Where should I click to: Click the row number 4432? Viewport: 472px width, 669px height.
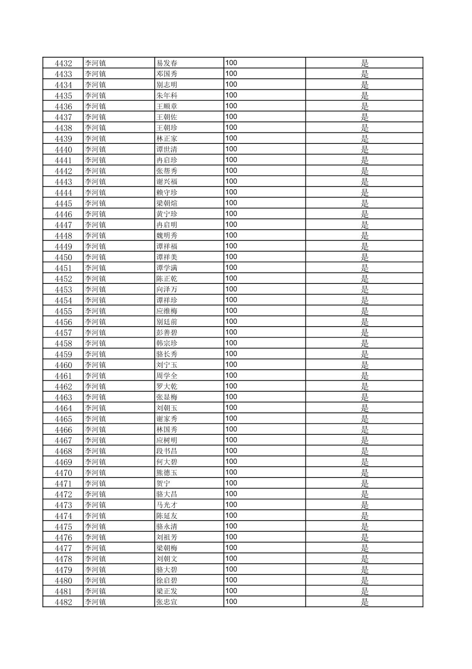63,63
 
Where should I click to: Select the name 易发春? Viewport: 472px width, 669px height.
167,63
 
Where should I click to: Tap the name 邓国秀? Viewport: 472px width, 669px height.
167,74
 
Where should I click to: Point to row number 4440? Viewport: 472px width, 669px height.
63,150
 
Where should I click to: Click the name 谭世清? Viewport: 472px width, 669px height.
167,150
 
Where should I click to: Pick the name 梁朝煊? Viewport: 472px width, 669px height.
167,203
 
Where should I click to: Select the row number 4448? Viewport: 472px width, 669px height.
63,236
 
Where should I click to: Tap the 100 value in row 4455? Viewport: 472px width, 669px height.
231,311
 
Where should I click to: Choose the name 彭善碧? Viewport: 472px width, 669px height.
167,333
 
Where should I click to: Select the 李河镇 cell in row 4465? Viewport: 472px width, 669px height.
95,419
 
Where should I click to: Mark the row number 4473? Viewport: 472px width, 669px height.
63,505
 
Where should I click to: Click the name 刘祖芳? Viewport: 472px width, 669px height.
167,537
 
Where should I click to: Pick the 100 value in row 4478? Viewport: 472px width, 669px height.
231,559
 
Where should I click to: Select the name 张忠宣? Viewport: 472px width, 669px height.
167,602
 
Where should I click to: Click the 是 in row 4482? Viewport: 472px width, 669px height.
365,602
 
